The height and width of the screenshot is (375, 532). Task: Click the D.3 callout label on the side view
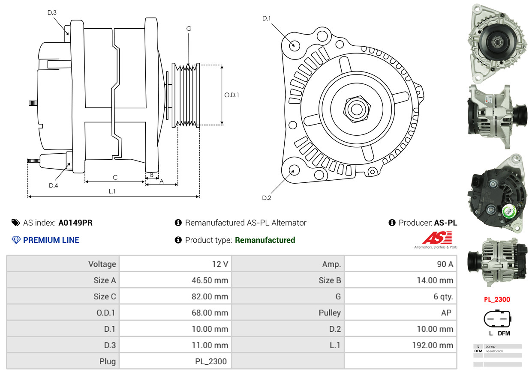click(x=52, y=12)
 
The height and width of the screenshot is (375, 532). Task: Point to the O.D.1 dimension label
click(x=231, y=95)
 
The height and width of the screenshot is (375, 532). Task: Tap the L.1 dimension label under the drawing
click(x=112, y=191)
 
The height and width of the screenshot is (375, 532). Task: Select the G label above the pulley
click(x=189, y=29)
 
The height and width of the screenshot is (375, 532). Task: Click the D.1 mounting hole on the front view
click(x=294, y=45)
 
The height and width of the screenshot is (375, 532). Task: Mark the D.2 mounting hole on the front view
click(x=294, y=170)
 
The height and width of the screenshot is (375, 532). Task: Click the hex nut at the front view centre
click(x=355, y=108)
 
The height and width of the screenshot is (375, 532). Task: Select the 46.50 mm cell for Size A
click(x=175, y=280)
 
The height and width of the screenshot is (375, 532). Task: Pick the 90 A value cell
click(x=400, y=264)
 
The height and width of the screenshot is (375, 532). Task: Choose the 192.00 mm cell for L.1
click(x=400, y=345)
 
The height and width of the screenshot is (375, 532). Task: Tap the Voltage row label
click(x=63, y=264)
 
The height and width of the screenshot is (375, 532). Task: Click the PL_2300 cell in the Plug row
click(x=175, y=361)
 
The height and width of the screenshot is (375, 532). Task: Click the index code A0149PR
click(x=75, y=223)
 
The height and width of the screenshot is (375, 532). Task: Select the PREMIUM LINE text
click(x=51, y=240)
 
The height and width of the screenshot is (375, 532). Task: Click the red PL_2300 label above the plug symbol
click(x=497, y=300)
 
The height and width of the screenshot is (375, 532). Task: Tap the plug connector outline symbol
click(x=497, y=318)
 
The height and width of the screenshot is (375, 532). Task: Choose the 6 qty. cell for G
click(x=400, y=297)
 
